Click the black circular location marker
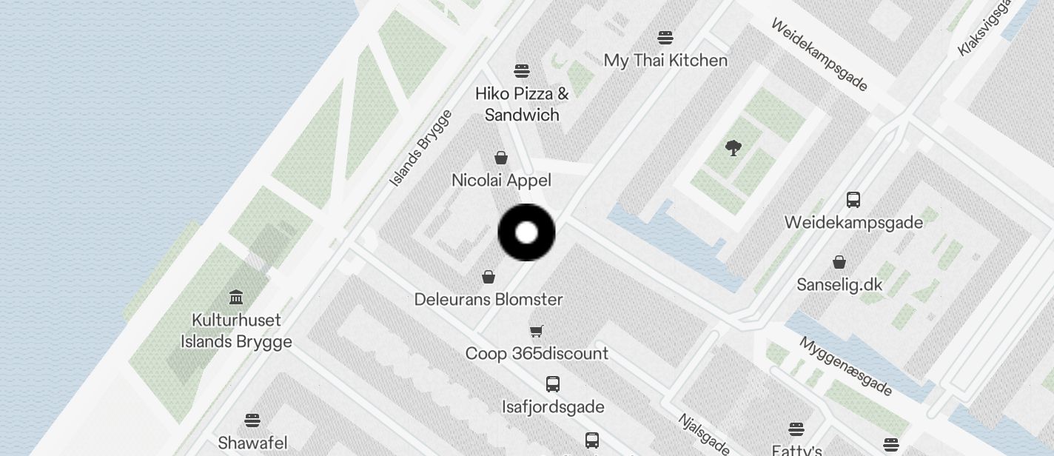(526, 232)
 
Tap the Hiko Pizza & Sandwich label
(522, 104)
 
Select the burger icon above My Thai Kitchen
(665, 38)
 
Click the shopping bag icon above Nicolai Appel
(501, 158)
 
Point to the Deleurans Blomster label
(489, 300)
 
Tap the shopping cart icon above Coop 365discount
(537, 331)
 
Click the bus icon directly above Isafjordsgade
(553, 384)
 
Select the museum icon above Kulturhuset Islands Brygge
(236, 298)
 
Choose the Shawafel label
(252, 443)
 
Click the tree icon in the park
(734, 148)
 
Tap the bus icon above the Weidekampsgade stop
(853, 200)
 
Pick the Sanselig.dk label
(839, 285)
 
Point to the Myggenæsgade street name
(845, 366)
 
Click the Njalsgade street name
(704, 434)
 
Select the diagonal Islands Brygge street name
(420, 148)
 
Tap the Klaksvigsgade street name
(984, 28)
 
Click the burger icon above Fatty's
(796, 429)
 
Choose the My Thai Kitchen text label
(665, 60)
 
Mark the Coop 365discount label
(537, 353)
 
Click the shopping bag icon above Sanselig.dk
(839, 262)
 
